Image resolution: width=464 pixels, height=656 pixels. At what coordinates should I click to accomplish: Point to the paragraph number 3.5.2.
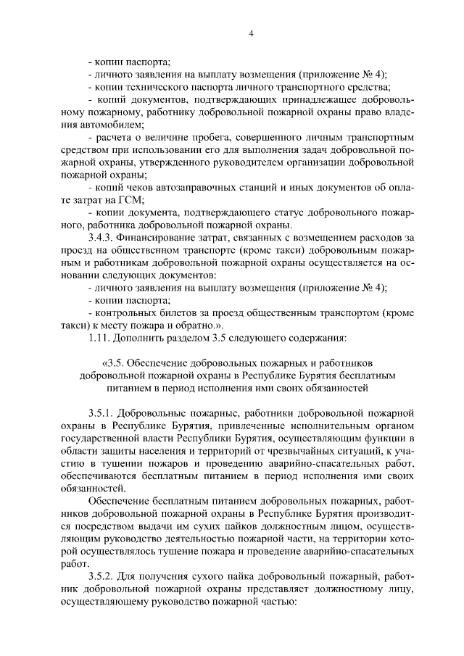[x=101, y=576]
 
